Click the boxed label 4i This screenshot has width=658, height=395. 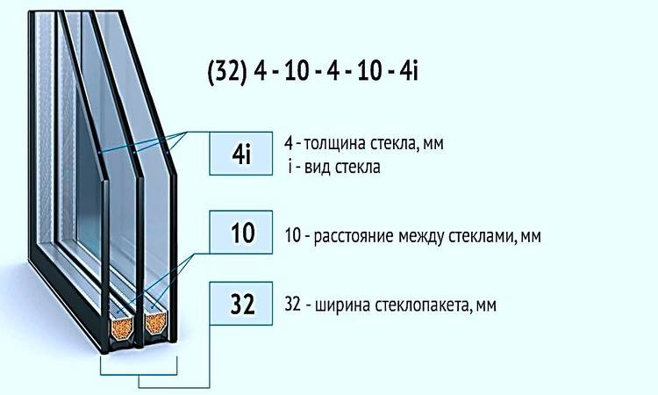[x=241, y=154]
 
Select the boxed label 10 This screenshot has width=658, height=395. [x=241, y=232]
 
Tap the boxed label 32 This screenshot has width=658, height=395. [x=241, y=304]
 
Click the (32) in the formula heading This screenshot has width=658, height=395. [x=226, y=72]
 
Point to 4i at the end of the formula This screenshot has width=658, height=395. [x=409, y=71]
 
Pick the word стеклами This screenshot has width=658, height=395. [x=482, y=236]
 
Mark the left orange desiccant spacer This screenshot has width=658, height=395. [x=122, y=327]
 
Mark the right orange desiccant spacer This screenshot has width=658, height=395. [x=155, y=322]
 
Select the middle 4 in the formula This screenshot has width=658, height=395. [x=333, y=71]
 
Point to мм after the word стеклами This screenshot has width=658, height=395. [x=531, y=237]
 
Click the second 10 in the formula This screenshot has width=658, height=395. [x=369, y=71]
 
